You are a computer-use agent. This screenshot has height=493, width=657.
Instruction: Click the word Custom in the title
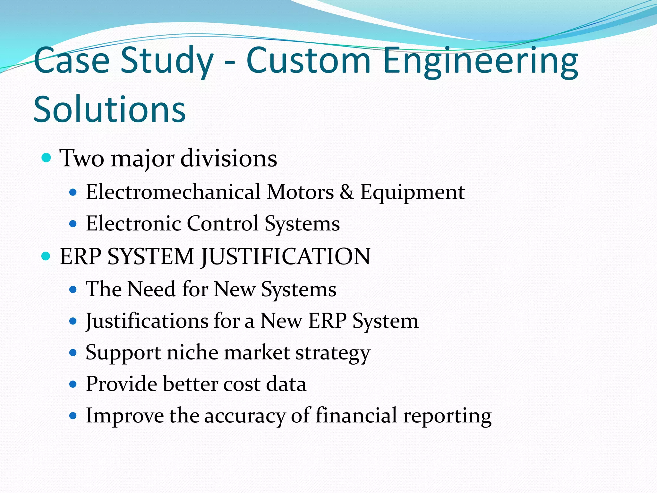[x=308, y=61]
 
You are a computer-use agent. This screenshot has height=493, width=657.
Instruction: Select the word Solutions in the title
[x=109, y=109]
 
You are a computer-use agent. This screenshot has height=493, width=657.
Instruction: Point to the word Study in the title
[x=167, y=61]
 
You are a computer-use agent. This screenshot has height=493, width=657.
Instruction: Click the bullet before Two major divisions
[x=47, y=158]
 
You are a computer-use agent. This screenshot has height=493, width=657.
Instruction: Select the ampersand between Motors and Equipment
[x=347, y=192]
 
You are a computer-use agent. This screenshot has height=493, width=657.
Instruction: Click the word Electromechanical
[x=173, y=192]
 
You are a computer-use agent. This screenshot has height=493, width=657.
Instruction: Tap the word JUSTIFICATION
[x=286, y=256]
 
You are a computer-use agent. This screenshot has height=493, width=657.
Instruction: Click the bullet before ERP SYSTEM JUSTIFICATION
[x=47, y=256]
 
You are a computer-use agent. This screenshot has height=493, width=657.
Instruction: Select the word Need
[x=151, y=289]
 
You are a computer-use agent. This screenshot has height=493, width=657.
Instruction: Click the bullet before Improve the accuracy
[x=73, y=416]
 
